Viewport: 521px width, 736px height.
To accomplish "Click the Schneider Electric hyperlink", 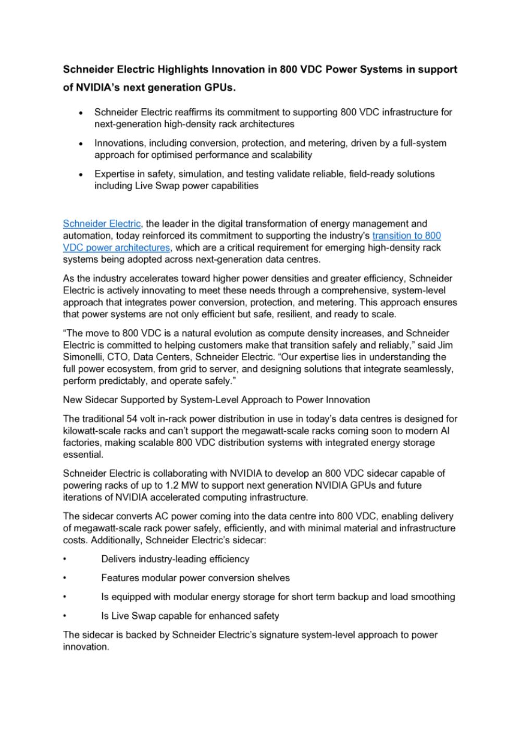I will tap(102, 223).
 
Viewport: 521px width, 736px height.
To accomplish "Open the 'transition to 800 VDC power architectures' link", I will tap(406, 235).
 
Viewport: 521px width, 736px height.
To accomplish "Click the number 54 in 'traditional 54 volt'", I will tap(132, 418).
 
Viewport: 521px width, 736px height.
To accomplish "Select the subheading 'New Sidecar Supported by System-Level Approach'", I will tap(216, 400).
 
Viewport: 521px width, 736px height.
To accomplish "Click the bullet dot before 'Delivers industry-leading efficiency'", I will tap(65, 559).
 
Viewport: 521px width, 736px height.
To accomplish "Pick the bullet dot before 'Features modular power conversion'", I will tap(65, 578).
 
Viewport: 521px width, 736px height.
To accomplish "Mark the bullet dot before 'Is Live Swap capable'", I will tap(65, 616).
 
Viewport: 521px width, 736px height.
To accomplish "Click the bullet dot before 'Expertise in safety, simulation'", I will tap(81, 174).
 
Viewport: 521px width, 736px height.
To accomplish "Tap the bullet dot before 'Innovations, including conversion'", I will tap(81, 143).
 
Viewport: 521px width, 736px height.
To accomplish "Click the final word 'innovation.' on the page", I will tap(86, 646).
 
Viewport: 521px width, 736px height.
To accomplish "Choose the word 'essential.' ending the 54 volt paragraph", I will tap(83, 454).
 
